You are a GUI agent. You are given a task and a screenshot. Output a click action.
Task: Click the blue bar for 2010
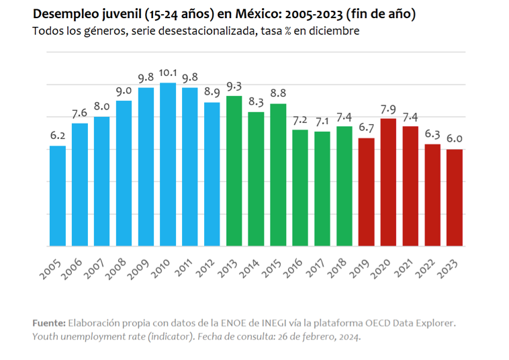point(168,165)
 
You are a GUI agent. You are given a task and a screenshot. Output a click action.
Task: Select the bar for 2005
point(58,195)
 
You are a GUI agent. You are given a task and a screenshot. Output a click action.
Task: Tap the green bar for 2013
point(234,171)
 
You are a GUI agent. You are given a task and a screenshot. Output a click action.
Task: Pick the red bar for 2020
point(388,182)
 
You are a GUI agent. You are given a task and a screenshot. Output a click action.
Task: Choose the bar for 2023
point(454,197)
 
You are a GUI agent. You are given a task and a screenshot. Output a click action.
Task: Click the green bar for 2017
point(322,189)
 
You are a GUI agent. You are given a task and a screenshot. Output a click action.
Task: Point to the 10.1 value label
point(168,74)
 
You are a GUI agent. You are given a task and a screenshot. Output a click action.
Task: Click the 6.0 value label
point(455,140)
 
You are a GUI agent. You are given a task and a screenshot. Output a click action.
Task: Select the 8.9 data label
point(212,93)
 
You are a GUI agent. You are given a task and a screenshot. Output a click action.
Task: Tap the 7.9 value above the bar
point(388,109)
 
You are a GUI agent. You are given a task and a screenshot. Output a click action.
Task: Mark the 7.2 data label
point(300,120)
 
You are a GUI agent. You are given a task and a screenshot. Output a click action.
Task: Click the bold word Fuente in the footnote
point(48,323)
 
